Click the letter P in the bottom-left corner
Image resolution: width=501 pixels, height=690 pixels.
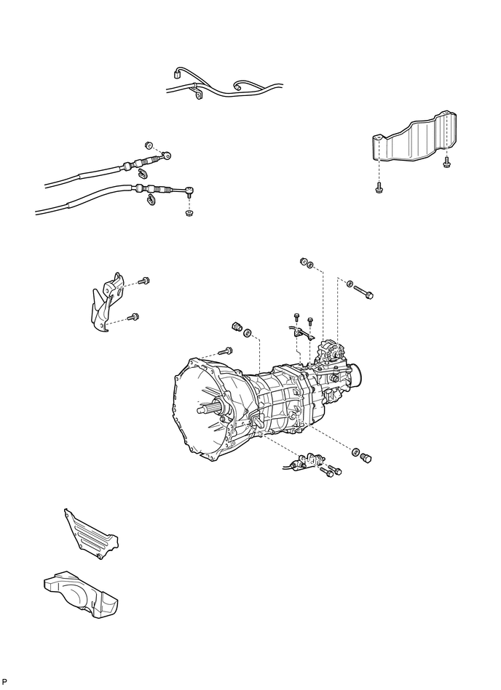tap(5, 681)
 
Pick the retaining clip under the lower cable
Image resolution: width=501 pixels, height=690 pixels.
tap(151, 198)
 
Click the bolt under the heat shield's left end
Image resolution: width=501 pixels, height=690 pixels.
tap(379, 188)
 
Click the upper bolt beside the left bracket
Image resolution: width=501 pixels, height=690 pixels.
tap(143, 280)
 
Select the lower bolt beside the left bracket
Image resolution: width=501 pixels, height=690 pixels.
tap(133, 316)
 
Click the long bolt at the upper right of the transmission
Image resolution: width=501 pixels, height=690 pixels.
tap(365, 292)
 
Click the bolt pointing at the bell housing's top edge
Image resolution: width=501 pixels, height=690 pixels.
tap(225, 351)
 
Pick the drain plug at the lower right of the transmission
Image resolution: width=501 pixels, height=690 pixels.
tap(366, 457)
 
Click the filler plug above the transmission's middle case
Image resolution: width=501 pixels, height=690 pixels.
tap(236, 326)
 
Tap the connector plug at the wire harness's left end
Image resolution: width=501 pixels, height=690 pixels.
tap(177, 73)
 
